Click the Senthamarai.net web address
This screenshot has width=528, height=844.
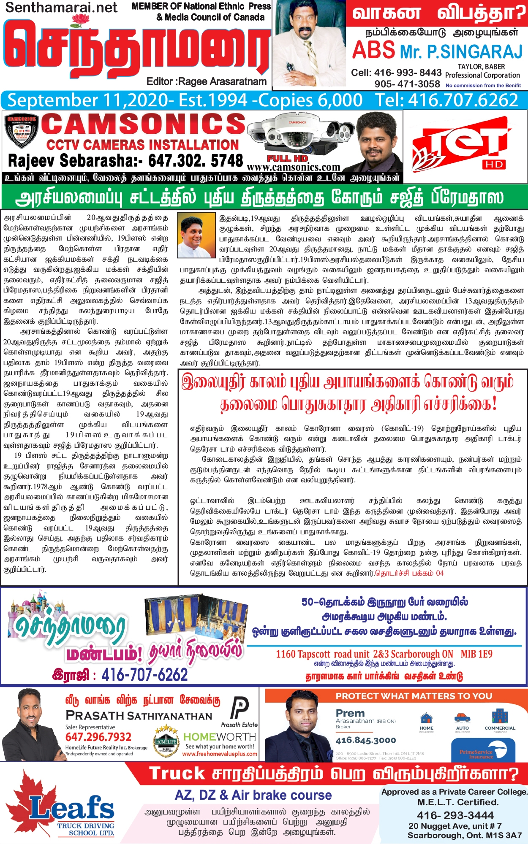(x=62, y=8)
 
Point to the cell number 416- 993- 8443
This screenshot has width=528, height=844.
(x=396, y=73)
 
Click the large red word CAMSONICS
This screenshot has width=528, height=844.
(x=144, y=124)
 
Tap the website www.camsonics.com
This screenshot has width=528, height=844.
(x=293, y=168)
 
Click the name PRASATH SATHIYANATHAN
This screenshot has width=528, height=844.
(x=139, y=716)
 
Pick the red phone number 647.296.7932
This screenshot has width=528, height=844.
(x=98, y=737)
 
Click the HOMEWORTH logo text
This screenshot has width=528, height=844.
(x=220, y=737)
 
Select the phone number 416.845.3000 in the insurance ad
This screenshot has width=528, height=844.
(x=366, y=740)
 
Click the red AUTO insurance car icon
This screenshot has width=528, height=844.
(x=463, y=718)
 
